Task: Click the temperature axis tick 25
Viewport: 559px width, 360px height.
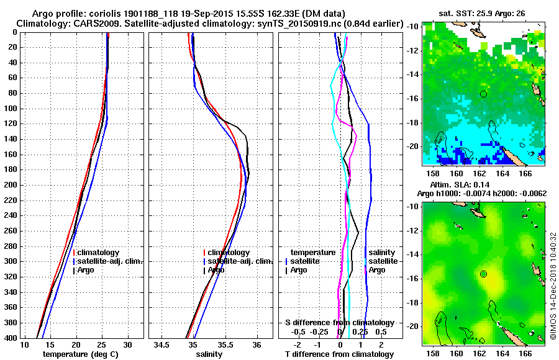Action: pos(102,344)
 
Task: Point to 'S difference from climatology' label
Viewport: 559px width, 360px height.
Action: pos(339,323)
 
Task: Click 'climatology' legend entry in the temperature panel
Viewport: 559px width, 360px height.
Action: pos(99,253)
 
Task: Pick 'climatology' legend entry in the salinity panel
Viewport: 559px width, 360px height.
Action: pos(230,253)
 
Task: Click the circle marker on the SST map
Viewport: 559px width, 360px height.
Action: pos(483,93)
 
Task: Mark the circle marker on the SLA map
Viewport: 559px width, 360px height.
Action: pos(483,274)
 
